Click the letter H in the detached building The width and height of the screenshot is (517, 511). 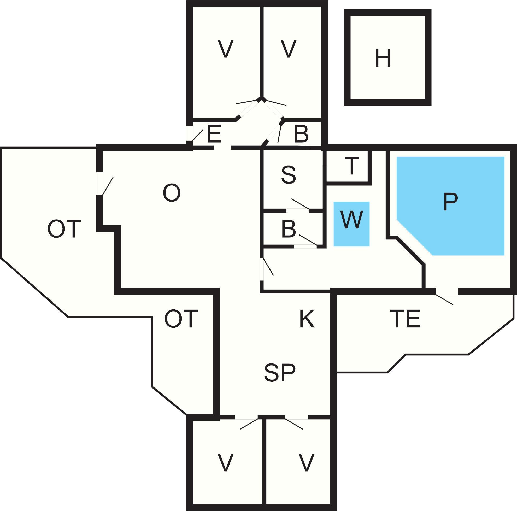[383, 58]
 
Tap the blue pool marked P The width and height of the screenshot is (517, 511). [450, 206]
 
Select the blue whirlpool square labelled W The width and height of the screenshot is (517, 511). [351, 224]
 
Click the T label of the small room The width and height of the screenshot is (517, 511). [352, 166]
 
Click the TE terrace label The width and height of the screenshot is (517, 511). [405, 319]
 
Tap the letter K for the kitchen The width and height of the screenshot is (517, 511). [307, 319]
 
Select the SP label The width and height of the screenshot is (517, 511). [280, 373]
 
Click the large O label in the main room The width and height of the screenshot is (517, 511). [172, 193]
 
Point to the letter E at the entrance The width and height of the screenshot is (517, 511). [214, 134]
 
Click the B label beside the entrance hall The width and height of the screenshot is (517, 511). [301, 134]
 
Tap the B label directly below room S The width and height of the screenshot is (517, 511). [289, 229]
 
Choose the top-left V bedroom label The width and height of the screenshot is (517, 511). [226, 48]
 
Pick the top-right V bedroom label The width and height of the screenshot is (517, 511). [289, 48]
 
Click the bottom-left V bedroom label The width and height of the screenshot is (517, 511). [226, 463]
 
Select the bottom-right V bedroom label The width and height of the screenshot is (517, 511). [306, 463]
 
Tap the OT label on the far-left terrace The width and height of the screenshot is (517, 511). [64, 229]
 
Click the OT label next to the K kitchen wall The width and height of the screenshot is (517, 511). [181, 319]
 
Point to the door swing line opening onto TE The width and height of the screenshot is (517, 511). [444, 299]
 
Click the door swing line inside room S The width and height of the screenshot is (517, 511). [301, 204]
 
